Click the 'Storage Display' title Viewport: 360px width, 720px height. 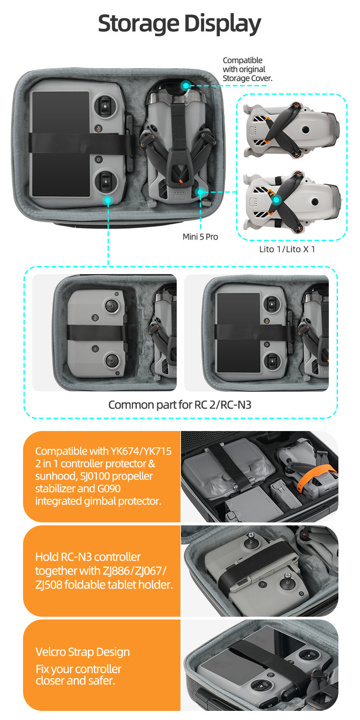point(180,24)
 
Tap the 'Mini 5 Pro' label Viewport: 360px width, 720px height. point(200,237)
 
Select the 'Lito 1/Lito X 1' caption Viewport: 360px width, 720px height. point(287,249)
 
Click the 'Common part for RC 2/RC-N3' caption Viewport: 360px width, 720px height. point(180,405)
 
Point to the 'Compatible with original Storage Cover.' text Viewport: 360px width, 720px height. point(248,69)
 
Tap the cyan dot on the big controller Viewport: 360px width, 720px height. point(108,201)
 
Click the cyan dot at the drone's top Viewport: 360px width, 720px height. point(185,85)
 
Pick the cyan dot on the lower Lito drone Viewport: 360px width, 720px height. point(276,200)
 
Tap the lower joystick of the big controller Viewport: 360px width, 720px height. point(106,181)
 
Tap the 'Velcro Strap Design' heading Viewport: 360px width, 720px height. point(83,651)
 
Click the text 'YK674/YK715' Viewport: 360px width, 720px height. point(141,451)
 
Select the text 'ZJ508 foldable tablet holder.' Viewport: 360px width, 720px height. point(104,584)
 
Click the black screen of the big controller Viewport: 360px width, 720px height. point(60,144)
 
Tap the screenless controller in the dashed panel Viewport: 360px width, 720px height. point(96,333)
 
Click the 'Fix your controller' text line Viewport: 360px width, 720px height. point(78,669)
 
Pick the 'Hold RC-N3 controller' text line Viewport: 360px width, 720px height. point(88,557)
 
